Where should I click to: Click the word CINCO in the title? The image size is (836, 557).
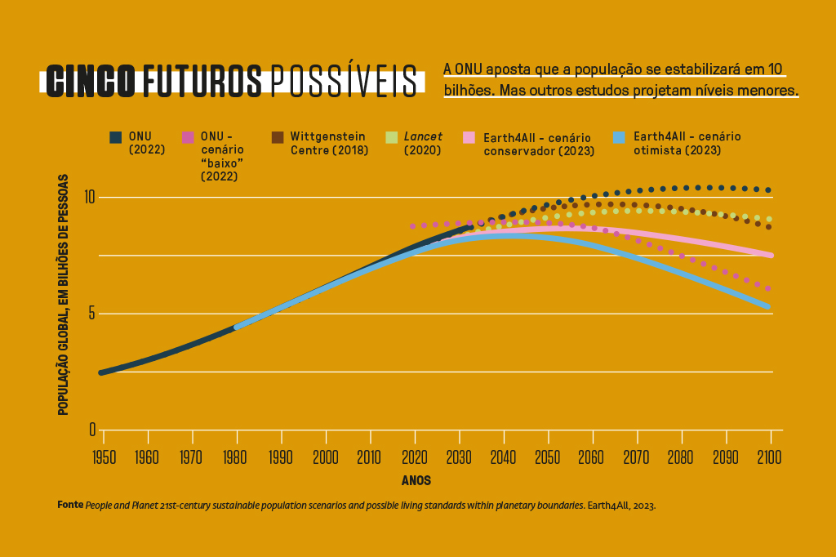(x=91, y=81)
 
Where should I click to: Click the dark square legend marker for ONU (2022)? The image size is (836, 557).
(x=116, y=137)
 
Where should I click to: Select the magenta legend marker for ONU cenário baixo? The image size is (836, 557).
(x=188, y=137)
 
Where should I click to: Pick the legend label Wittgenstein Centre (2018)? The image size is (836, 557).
(x=328, y=143)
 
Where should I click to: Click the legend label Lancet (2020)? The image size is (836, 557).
(x=423, y=143)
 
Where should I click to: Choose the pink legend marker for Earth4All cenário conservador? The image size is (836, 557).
(x=469, y=137)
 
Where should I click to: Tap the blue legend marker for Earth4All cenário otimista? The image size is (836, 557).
(x=620, y=137)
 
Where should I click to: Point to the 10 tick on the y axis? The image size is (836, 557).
(x=89, y=197)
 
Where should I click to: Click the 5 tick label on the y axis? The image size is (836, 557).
(x=92, y=314)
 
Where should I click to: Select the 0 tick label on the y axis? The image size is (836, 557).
(x=92, y=430)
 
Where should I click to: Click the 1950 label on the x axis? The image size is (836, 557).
(x=103, y=457)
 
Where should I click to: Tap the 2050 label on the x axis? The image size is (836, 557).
(x=547, y=457)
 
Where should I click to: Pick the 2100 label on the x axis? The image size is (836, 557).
(x=770, y=457)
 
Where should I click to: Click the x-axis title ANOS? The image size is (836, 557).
(x=416, y=481)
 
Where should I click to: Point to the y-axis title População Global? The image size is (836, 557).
(x=63, y=294)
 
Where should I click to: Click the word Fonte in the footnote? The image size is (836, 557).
(x=70, y=506)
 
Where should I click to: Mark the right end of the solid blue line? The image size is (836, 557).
(x=768, y=307)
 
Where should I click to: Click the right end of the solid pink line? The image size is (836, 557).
(x=770, y=256)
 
